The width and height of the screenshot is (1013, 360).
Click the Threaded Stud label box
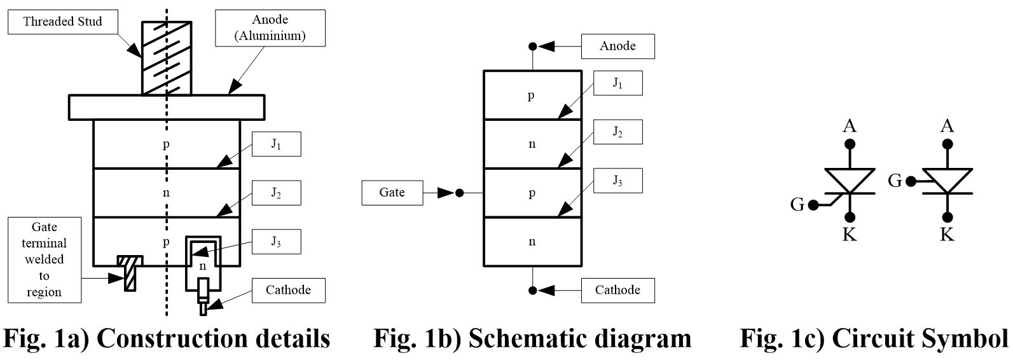click(x=62, y=22)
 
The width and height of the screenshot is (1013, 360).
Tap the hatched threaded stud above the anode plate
click(x=166, y=58)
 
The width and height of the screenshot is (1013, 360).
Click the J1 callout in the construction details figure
click(x=276, y=144)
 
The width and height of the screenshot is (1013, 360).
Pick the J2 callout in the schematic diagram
click(x=617, y=132)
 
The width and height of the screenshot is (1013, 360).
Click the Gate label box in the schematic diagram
click(x=392, y=193)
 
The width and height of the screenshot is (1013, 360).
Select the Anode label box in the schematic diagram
click(x=617, y=46)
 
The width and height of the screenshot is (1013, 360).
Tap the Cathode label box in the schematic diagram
click(x=617, y=290)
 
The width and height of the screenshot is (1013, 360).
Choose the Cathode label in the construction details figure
click(x=288, y=290)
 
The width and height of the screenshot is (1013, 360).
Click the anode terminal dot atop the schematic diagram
click(x=533, y=46)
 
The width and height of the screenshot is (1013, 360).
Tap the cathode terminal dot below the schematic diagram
click(x=533, y=291)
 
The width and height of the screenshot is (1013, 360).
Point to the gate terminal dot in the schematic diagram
click(x=460, y=193)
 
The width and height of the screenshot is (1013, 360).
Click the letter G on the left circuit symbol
click(x=797, y=205)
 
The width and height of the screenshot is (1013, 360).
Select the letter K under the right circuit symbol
click(x=947, y=235)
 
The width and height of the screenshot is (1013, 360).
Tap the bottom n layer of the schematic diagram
click(x=532, y=242)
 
